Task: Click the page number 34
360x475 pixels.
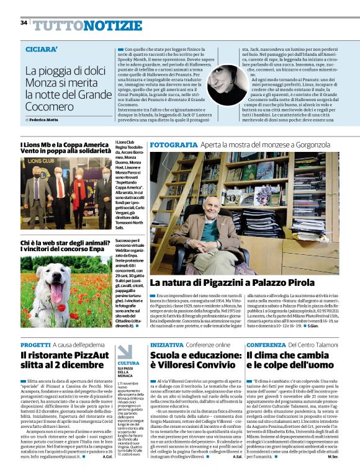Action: click(x=24, y=22)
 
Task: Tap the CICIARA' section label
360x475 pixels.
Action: click(x=42, y=48)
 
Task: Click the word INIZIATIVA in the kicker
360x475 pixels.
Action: click(x=166, y=344)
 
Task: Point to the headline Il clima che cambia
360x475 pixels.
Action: click(x=292, y=362)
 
